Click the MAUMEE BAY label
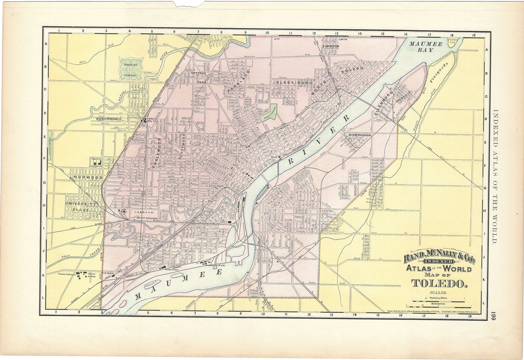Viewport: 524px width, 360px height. click(426, 47)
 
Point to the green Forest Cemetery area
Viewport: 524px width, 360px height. click(269, 112)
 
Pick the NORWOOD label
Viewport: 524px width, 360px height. click(88, 178)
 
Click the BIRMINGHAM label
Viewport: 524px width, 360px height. click(359, 135)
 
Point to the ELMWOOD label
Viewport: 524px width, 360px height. click(331, 46)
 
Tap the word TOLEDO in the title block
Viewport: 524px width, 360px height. click(439, 284)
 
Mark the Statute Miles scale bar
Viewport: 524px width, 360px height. click(439, 301)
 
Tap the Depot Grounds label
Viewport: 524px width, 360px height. click(145, 217)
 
